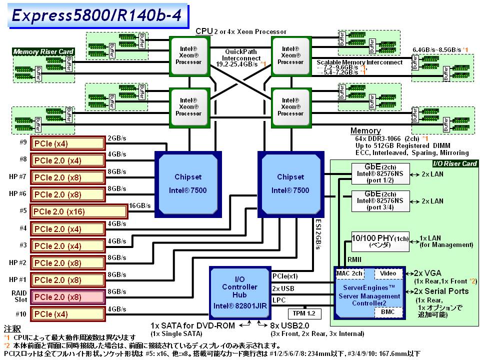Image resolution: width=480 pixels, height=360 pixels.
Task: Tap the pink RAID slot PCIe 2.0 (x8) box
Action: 68,297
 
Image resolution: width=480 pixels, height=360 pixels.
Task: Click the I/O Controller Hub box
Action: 240,292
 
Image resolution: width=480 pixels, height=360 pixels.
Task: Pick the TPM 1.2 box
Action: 304,313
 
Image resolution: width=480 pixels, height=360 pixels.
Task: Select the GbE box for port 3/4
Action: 380,201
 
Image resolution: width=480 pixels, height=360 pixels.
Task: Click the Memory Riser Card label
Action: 43,51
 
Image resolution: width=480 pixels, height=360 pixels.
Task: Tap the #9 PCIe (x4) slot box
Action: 68,143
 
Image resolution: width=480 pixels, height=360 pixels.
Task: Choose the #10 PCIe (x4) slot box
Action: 68,314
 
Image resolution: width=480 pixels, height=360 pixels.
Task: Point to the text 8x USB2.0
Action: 290,326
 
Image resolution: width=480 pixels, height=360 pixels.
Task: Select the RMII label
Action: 354,260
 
